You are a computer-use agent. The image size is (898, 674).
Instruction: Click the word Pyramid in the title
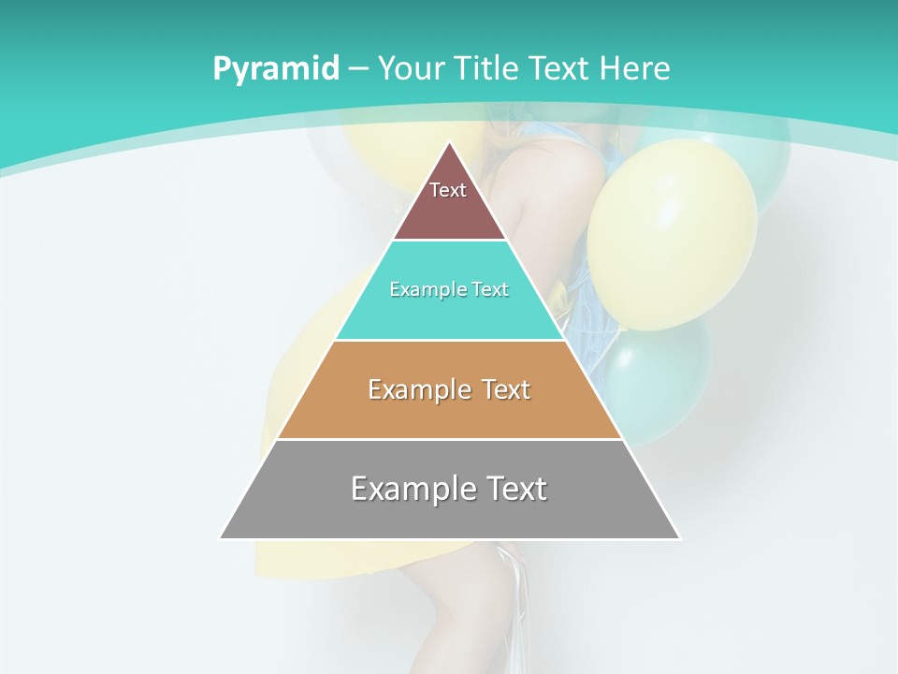(276, 69)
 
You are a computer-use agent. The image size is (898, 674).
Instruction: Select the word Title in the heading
(491, 68)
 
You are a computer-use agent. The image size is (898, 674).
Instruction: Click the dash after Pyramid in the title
(358, 69)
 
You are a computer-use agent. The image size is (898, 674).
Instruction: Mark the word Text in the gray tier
(513, 489)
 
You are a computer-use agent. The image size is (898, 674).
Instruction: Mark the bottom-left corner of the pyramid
(221, 538)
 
